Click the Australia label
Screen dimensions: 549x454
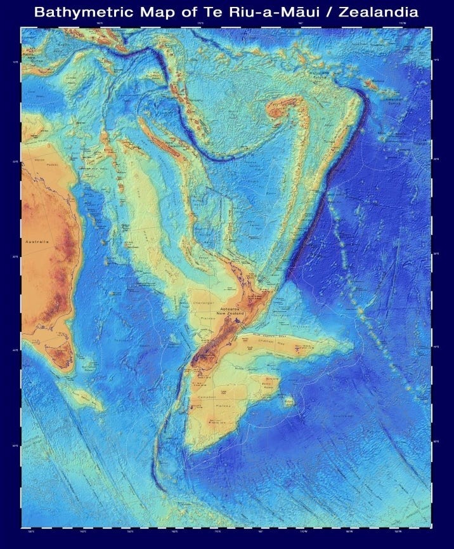[x=37, y=242]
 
